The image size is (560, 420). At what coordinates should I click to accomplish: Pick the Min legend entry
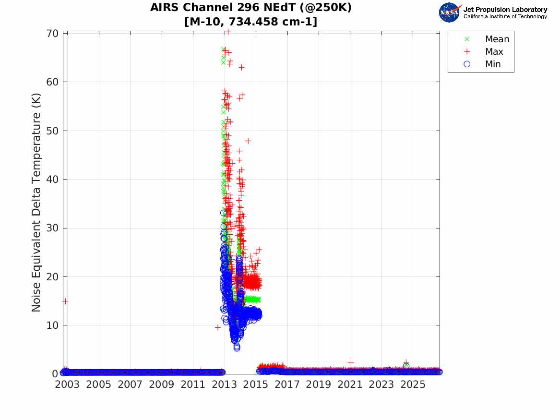click(x=482, y=64)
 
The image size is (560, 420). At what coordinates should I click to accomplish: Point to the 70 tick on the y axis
click(x=52, y=33)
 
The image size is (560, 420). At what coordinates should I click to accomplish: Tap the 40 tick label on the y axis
click(x=52, y=180)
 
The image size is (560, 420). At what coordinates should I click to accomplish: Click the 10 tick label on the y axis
click(x=52, y=325)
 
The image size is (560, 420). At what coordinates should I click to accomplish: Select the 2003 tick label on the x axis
click(x=67, y=384)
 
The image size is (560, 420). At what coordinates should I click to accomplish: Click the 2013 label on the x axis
click(x=224, y=384)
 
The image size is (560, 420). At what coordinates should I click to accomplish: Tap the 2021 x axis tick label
click(x=350, y=384)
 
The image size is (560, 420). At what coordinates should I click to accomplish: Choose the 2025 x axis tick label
click(x=413, y=384)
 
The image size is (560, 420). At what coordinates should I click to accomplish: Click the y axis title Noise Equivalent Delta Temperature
click(x=36, y=203)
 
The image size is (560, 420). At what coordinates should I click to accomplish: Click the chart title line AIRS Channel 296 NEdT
click(x=250, y=7)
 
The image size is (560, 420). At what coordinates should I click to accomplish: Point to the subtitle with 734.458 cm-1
click(x=250, y=22)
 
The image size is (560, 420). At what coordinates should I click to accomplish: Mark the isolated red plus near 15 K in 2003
click(x=65, y=301)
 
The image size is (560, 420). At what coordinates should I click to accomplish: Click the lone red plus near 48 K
click(x=248, y=141)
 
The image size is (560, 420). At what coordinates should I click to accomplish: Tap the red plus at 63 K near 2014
click(x=241, y=67)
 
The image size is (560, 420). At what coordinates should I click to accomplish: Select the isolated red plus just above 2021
click(x=351, y=362)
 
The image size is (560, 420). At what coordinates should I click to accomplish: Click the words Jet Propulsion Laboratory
click(x=505, y=10)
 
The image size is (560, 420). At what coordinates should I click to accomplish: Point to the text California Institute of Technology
click(x=505, y=16)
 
